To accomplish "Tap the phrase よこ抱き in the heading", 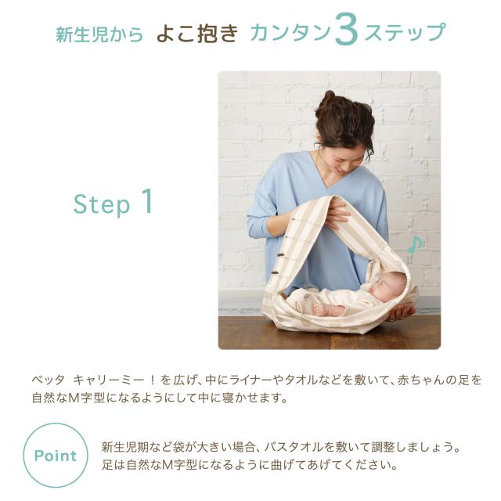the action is pyautogui.click(x=197, y=34).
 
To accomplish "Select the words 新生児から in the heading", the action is pyautogui.click(x=99, y=34).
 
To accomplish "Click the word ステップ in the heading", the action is pyautogui.click(x=405, y=32).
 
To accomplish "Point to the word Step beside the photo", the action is pyautogui.click(x=102, y=204).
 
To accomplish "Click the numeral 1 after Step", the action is pyautogui.click(x=147, y=200).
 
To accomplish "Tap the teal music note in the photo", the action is pyautogui.click(x=416, y=244).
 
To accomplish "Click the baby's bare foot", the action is pyautogui.click(x=321, y=309).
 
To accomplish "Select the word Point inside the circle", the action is pyautogui.click(x=56, y=456).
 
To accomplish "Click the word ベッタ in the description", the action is pyautogui.click(x=49, y=380).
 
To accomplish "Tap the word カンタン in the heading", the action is pyautogui.click(x=290, y=33).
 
